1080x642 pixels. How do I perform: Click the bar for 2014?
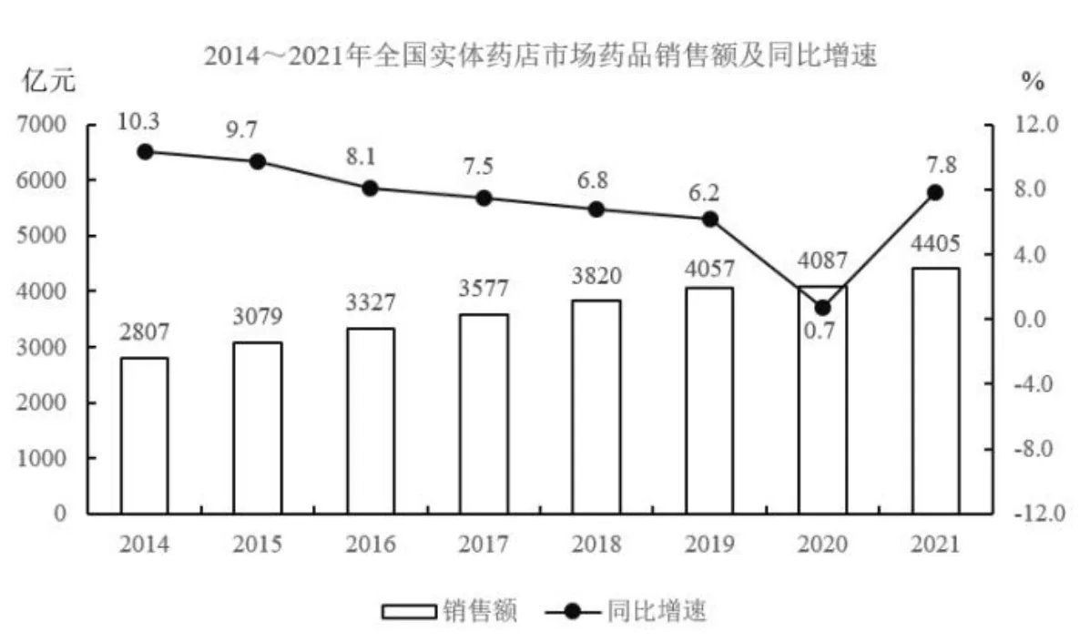pyautogui.click(x=145, y=435)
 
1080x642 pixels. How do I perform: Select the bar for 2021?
pyautogui.click(x=935, y=391)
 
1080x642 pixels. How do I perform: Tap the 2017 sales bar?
pyautogui.click(x=484, y=414)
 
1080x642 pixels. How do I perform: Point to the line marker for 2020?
pyautogui.click(x=822, y=308)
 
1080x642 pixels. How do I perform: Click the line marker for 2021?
pyautogui.click(x=935, y=193)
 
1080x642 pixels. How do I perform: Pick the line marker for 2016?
pyautogui.click(x=371, y=189)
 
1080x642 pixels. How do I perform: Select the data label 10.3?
pyautogui.click(x=138, y=121)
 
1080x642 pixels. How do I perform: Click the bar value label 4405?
pyautogui.click(x=935, y=243)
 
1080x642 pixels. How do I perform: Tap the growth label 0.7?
pyautogui.click(x=820, y=331)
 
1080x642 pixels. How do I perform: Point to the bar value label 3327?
pyautogui.click(x=371, y=302)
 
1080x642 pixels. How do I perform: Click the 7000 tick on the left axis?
pyautogui.click(x=42, y=125)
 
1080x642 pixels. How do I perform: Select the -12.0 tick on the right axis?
pyautogui.click(x=1039, y=513)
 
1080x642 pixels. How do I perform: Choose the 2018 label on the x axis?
pyautogui.click(x=596, y=545)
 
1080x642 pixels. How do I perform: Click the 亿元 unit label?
pyautogui.click(x=48, y=81)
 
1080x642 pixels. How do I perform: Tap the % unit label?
pyautogui.click(x=1033, y=82)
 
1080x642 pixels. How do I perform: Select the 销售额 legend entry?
pyautogui.click(x=450, y=611)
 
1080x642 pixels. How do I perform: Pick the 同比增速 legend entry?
pyautogui.click(x=627, y=611)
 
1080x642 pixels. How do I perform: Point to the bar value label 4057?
pyautogui.click(x=709, y=268)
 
